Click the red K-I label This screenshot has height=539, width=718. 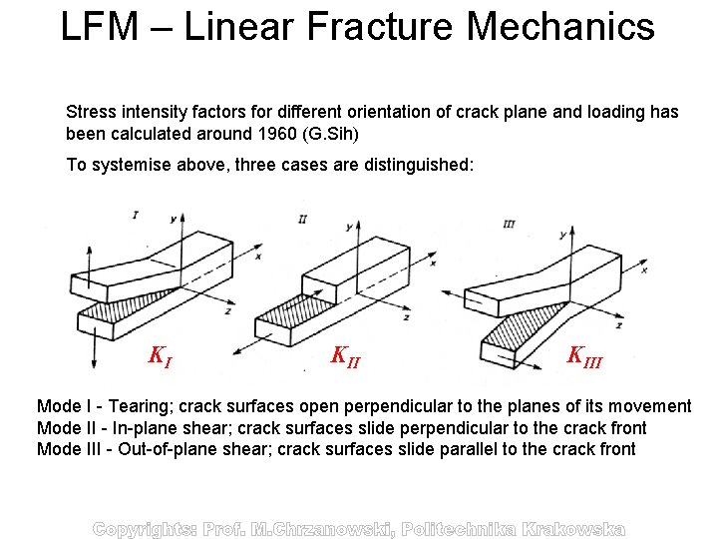(x=160, y=355)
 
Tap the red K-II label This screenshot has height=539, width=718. (x=345, y=355)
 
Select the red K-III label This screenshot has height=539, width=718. (x=584, y=355)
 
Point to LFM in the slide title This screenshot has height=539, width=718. (x=99, y=27)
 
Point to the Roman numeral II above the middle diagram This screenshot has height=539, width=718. (x=302, y=218)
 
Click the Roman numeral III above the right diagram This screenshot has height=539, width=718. (x=509, y=225)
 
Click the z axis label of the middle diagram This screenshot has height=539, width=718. (x=405, y=317)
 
